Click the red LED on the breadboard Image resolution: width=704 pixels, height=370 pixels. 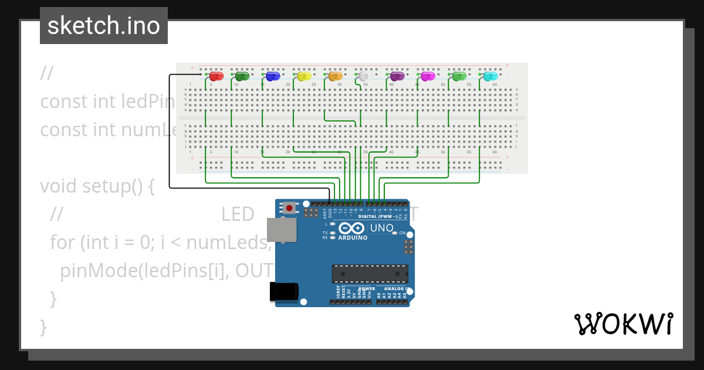tap(216, 76)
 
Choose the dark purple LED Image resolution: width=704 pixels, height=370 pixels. tap(398, 76)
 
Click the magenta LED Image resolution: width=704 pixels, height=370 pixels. tap(428, 76)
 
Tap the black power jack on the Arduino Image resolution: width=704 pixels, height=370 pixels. tap(283, 292)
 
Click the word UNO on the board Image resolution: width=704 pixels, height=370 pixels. tap(381, 228)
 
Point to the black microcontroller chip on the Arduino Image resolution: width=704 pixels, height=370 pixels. tap(370, 274)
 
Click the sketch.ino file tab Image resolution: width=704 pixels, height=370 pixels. tap(104, 26)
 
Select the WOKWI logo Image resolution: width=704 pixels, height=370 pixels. tap(624, 324)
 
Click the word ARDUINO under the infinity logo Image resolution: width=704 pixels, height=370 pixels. tap(353, 238)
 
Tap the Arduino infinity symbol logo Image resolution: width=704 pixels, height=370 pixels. tap(351, 228)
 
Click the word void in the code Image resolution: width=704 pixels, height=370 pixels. tap(59, 186)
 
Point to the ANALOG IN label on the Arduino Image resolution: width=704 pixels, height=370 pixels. tap(397, 289)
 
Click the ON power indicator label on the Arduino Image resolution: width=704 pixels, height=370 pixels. tap(402, 233)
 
